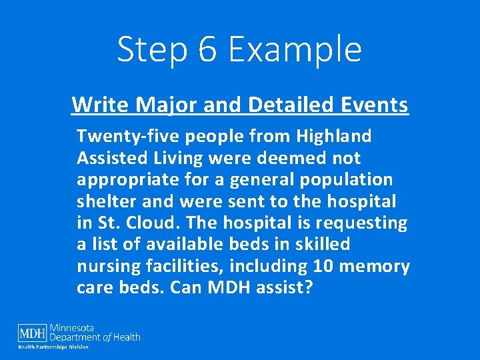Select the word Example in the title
pyautogui.click(x=296, y=50)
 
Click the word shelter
pyautogui.click(x=103, y=202)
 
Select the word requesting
pyautogui.click(x=363, y=223)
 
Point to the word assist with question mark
pyautogui.click(x=289, y=289)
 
